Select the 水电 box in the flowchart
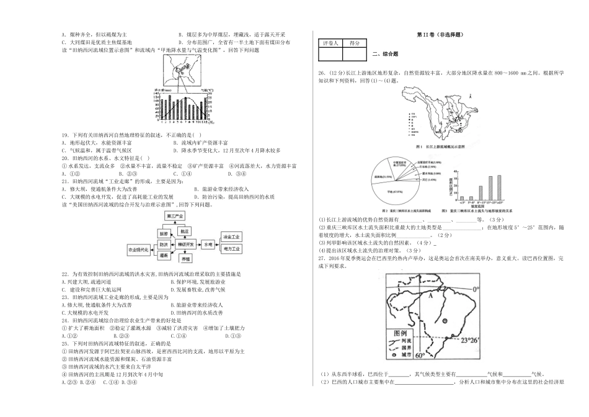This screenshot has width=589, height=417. point(208,245)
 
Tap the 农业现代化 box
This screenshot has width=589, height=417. point(139,249)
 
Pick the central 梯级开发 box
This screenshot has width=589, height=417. point(185,244)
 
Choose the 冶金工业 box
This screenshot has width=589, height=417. point(231,236)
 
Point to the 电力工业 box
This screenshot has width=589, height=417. point(231,249)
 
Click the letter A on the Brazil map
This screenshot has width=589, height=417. point(427,296)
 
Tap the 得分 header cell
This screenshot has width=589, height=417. point(355,43)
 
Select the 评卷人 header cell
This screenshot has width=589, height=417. point(329,43)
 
